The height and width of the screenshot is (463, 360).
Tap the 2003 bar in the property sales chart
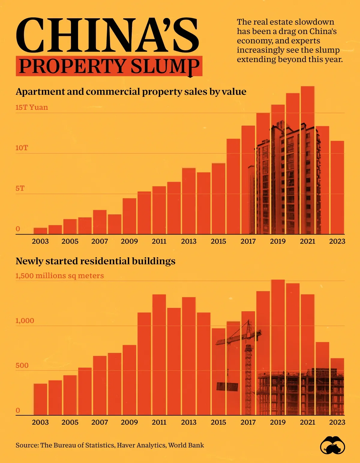[40, 231]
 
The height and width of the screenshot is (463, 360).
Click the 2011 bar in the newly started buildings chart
[159, 354]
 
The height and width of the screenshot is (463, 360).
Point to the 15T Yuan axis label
[31, 107]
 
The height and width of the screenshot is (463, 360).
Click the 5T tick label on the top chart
[20, 188]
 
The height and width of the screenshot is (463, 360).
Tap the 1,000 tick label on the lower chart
[25, 321]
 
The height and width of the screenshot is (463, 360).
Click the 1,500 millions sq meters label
[59, 276]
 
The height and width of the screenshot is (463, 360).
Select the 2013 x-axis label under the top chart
[189, 241]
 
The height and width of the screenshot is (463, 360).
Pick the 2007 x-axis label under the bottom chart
[100, 422]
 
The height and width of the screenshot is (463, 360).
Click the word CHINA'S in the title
[107, 35]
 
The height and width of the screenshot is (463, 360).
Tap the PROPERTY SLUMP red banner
[109, 66]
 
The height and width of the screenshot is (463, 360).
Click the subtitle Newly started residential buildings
[95, 261]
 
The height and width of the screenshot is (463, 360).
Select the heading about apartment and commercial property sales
[131, 91]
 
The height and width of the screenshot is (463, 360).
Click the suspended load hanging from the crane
[227, 387]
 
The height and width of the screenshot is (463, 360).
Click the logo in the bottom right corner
[332, 445]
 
